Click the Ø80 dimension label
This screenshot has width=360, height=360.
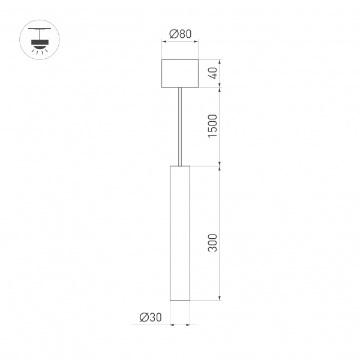coord(180,34)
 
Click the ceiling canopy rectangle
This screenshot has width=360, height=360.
coord(180,73)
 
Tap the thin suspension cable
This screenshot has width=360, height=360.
coord(180,126)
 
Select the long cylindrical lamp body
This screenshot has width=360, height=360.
coord(180,233)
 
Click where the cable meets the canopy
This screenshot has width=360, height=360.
coord(180,88)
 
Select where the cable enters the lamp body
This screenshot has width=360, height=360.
coord(180,165)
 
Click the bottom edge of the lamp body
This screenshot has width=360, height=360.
coord(180,299)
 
